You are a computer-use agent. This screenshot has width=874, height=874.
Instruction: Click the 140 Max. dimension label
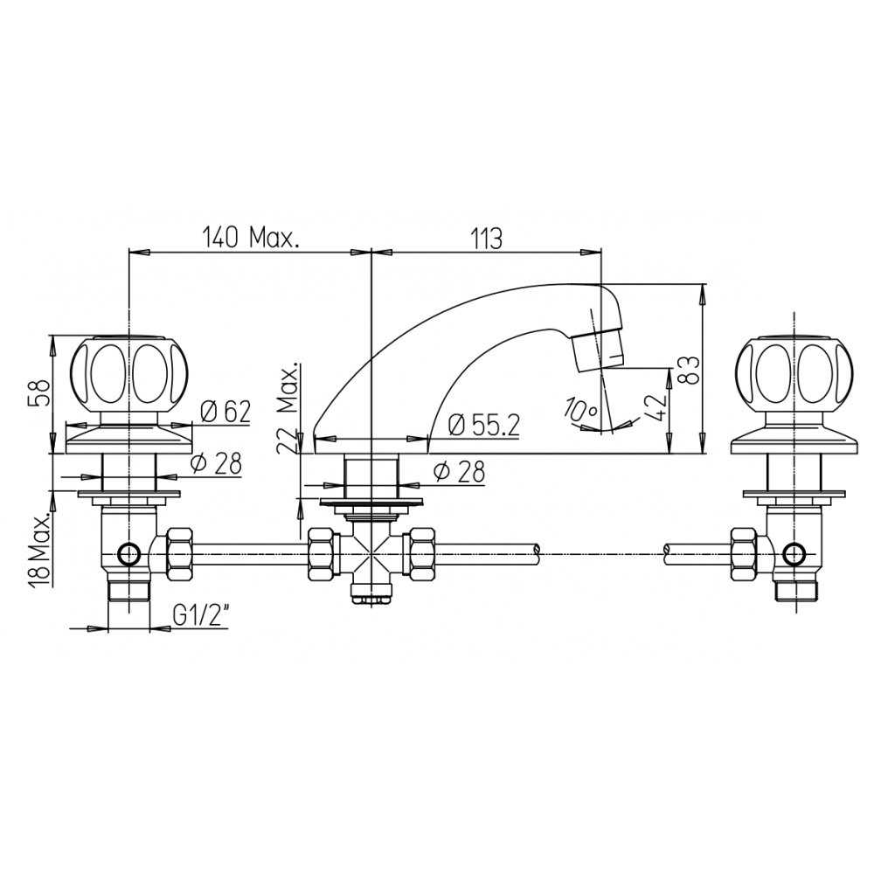[250, 238]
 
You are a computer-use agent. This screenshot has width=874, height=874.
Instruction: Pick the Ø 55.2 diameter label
[484, 427]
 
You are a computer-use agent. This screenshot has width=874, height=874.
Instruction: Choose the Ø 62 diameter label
[225, 412]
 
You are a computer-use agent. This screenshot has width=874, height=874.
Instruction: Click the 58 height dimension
[39, 394]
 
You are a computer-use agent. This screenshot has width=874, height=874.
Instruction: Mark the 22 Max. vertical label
[289, 413]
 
